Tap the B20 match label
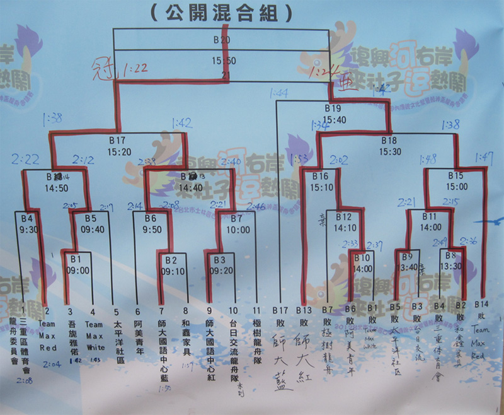point(221,40)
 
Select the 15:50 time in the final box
point(221,61)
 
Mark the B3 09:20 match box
point(219,264)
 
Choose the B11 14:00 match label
point(432,222)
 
